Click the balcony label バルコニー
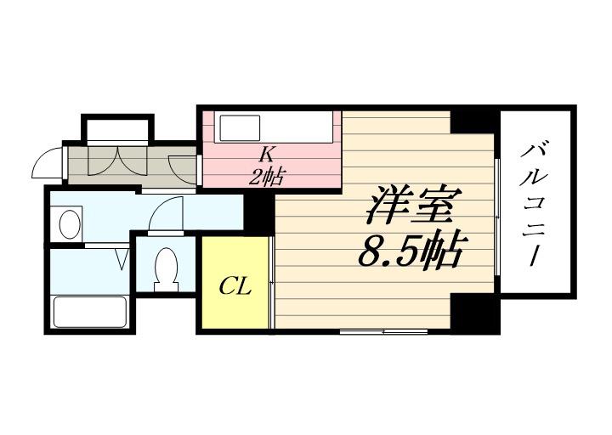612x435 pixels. pyautogui.click(x=536, y=203)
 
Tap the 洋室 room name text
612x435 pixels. pyautogui.click(x=414, y=204)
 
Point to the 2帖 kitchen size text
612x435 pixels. pyautogui.click(x=267, y=177)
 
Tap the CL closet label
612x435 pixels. pyautogui.click(x=235, y=286)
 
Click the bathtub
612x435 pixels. pyautogui.click(x=89, y=311)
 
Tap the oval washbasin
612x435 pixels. pyautogui.click(x=69, y=224)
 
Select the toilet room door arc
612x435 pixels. pyautogui.click(x=166, y=213)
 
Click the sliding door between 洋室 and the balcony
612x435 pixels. pyautogui.click(x=496, y=217)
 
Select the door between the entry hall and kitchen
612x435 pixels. pyautogui.click(x=182, y=165)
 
